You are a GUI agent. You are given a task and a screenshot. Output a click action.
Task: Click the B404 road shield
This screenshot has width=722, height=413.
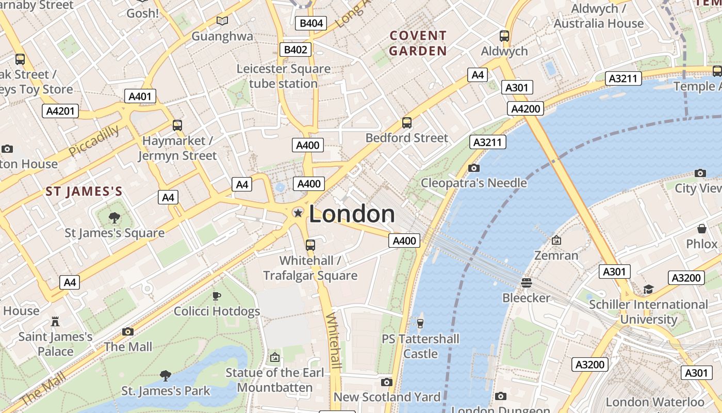[x=311, y=23]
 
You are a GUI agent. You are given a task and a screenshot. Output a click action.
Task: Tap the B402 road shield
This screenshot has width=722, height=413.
[x=296, y=50]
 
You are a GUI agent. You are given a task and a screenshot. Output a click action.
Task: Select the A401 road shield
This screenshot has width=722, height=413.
[x=140, y=96]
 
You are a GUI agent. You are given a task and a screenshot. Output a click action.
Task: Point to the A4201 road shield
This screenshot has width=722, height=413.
[x=60, y=110]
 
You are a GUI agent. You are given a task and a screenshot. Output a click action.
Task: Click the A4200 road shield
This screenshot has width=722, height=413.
[x=526, y=108]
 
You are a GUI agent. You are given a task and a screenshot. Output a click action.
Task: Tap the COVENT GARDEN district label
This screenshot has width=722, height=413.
[x=418, y=43]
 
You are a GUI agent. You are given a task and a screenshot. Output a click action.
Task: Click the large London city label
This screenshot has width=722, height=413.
[x=352, y=214]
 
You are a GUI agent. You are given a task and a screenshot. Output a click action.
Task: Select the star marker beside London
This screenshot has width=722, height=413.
[x=298, y=213]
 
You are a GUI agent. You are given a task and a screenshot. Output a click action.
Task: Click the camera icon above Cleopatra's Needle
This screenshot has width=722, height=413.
[x=473, y=168]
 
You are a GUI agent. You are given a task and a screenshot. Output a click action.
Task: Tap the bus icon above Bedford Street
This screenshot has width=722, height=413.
[x=407, y=123]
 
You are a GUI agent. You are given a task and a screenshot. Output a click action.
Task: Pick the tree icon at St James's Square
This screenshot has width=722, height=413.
[x=114, y=218]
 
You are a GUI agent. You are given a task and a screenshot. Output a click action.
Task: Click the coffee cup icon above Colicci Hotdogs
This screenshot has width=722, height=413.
[x=217, y=296]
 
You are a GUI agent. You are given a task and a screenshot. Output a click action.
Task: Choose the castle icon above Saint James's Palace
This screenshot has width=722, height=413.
[x=55, y=322]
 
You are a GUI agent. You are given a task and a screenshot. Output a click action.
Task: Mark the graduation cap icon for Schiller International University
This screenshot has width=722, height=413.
[x=648, y=289]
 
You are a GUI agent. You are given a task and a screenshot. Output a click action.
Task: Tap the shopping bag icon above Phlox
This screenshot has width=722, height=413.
[x=701, y=228]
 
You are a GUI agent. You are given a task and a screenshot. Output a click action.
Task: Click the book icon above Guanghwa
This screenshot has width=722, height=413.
[x=222, y=21]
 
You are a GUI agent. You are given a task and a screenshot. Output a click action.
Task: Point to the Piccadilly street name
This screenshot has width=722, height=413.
[x=93, y=140]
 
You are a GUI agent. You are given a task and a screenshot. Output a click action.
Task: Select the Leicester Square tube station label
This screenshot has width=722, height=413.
[x=283, y=76]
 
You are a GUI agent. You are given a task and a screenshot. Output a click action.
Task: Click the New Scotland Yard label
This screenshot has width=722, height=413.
[x=387, y=396]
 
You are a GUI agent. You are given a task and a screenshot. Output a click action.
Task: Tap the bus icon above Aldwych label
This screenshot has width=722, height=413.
[x=504, y=36]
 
